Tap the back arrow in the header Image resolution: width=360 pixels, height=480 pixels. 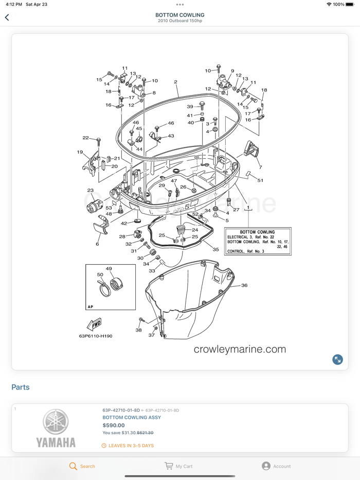(x=7, y=17)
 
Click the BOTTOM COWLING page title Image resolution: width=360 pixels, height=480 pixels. (x=180, y=15)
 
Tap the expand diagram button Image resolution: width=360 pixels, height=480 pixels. (x=337, y=360)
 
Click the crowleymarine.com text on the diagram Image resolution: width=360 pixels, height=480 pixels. (x=240, y=349)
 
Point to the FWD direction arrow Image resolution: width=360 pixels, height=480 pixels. (x=94, y=324)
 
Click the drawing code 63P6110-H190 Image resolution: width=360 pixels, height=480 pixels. (x=96, y=336)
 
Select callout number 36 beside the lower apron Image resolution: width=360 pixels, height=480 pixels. (x=244, y=285)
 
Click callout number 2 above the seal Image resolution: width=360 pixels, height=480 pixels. (x=175, y=82)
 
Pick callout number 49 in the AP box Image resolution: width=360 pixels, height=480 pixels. (x=109, y=269)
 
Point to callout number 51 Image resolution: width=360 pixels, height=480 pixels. (x=260, y=180)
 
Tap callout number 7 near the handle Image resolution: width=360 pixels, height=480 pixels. (x=260, y=167)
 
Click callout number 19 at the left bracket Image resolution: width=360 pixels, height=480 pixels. (x=80, y=152)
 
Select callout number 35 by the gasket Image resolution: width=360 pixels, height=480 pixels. (x=215, y=250)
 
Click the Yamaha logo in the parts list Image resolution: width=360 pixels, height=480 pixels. (x=56, y=428)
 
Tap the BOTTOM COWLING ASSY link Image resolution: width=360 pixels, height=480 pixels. (x=132, y=417)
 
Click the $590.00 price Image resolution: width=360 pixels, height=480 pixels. (x=114, y=425)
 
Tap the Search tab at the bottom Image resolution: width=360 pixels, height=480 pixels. (x=82, y=466)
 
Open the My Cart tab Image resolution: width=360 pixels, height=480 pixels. (x=178, y=466)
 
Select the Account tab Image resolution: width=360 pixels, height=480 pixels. (x=276, y=466)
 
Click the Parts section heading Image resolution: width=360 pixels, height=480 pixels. (x=21, y=387)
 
